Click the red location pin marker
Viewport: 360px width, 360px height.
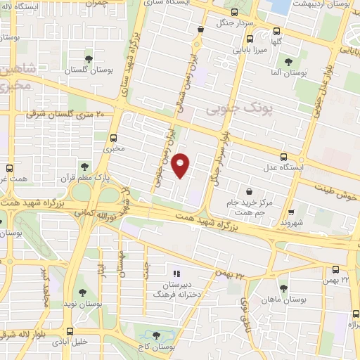pos(181,165)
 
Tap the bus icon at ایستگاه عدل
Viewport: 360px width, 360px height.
pos(283,157)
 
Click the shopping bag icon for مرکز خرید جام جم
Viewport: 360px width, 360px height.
pos(250,190)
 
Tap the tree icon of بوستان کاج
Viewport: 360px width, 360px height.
pos(156,335)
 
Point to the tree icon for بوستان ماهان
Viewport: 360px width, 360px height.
pos(283,288)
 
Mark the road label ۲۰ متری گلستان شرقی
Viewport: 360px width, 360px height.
pos(65,112)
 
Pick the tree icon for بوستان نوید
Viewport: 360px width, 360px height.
pos(82,292)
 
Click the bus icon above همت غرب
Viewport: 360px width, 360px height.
pos(9,169)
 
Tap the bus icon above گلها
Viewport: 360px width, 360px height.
pos(276,30)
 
